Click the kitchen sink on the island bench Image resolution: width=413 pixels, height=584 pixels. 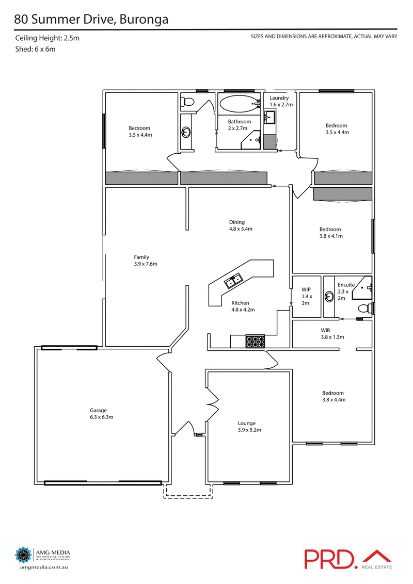point(234,281)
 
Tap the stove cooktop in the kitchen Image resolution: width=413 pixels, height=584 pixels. point(255,342)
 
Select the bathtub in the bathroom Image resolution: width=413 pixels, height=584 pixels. point(237,104)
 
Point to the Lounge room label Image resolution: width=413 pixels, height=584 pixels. point(247,426)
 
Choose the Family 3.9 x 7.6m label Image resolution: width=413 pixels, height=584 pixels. point(145,260)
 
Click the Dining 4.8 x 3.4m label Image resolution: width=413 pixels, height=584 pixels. point(241,225)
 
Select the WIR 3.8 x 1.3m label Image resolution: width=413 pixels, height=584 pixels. point(332,333)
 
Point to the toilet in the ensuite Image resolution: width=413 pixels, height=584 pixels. point(366,309)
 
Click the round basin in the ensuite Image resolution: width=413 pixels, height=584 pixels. point(329,297)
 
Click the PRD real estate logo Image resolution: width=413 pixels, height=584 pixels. point(348,559)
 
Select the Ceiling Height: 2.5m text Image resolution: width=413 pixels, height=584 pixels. point(47,38)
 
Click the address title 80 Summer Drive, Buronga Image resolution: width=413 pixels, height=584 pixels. point(91,20)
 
